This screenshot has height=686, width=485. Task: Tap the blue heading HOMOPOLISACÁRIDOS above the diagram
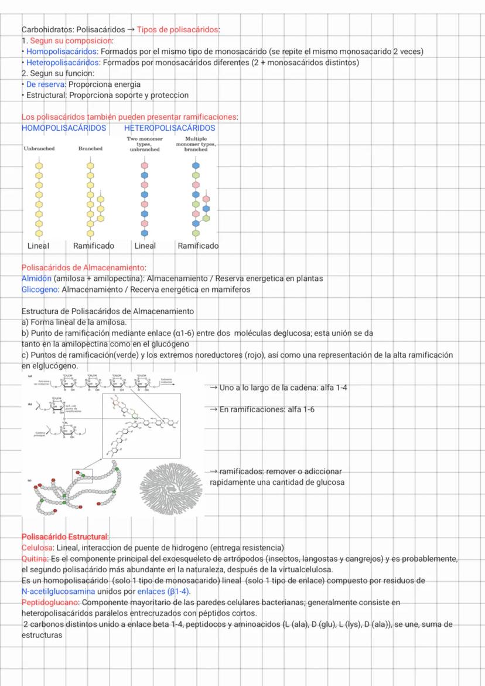pyautogui.click(x=64, y=127)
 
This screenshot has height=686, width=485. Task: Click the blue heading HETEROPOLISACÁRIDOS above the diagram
pyautogui.click(x=169, y=127)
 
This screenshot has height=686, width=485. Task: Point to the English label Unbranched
pyautogui.click(x=39, y=149)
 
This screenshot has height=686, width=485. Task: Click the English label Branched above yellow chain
pyautogui.click(x=90, y=149)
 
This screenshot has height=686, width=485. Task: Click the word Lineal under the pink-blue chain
pyautogui.click(x=145, y=246)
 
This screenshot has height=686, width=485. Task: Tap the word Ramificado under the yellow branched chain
pyautogui.click(x=94, y=246)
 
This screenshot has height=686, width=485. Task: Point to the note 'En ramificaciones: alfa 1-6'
pyautogui.click(x=267, y=409)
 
